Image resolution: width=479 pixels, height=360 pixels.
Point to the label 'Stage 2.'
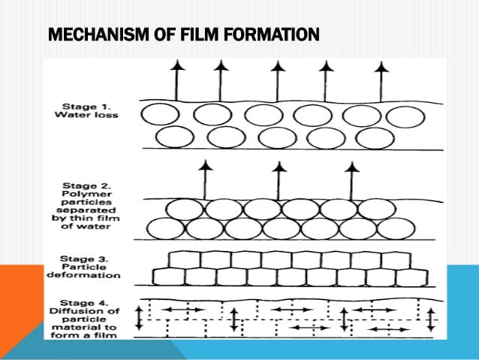pos(81,183)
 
